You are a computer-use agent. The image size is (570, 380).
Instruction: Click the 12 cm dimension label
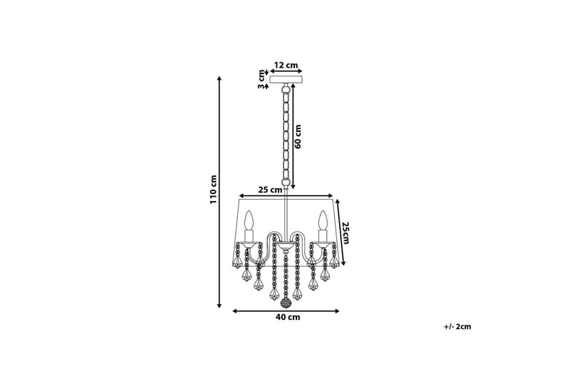click(x=286, y=65)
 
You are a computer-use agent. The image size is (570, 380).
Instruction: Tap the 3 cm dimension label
click(x=261, y=79)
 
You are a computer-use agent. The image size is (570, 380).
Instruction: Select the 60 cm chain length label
click(x=299, y=136)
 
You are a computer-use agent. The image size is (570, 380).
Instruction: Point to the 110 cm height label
click(x=213, y=190)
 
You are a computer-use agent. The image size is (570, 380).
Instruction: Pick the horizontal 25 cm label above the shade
click(x=270, y=190)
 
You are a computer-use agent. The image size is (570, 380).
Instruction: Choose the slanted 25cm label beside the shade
click(x=345, y=232)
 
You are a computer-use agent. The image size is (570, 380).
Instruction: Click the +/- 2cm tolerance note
click(x=457, y=327)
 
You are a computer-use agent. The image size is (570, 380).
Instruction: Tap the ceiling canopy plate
click(x=286, y=79)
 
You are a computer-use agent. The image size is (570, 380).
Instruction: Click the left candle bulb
click(x=249, y=221)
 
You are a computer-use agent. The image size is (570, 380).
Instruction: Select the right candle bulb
click(x=323, y=221)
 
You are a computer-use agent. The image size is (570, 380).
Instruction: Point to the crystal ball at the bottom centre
click(x=286, y=303)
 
